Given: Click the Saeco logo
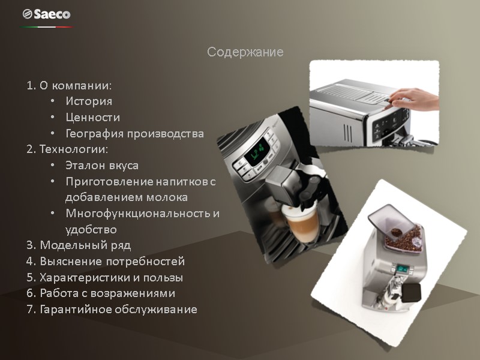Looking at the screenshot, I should (x=46, y=14).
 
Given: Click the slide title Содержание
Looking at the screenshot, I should (x=245, y=52).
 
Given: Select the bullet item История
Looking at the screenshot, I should (x=89, y=101).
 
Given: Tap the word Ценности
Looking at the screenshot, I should (x=92, y=118).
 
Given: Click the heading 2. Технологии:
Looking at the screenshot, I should (x=67, y=149).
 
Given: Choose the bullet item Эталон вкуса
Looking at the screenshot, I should (x=102, y=165).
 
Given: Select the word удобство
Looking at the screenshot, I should (x=91, y=229).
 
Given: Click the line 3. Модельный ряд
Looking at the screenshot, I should (x=79, y=245).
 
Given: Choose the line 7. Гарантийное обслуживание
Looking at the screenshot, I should (x=112, y=310).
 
